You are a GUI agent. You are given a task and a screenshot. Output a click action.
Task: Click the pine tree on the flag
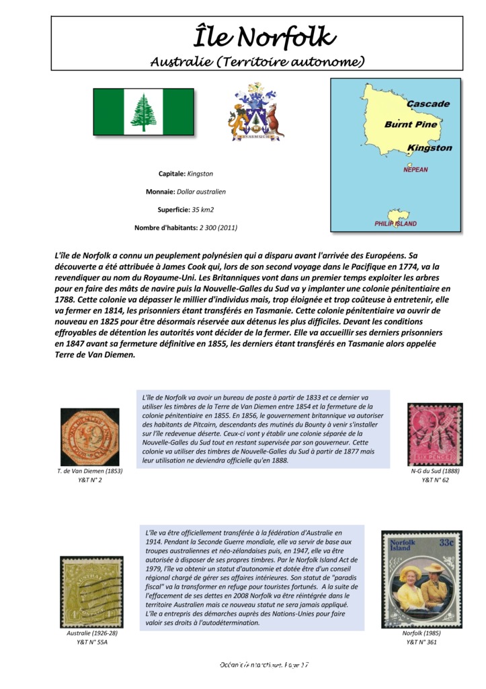[x=143, y=112]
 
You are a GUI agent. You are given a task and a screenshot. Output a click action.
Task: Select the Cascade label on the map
[x=428, y=104]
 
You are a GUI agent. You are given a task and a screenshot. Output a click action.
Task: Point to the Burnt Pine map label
[x=411, y=124]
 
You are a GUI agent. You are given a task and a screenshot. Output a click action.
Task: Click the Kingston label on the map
[x=430, y=148]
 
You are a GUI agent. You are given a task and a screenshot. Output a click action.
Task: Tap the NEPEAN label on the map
[x=415, y=170]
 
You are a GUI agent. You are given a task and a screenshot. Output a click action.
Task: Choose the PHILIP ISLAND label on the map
[x=395, y=223]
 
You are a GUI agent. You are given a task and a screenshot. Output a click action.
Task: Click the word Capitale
[x=171, y=174]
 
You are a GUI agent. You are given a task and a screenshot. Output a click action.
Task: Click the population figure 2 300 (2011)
[x=218, y=227]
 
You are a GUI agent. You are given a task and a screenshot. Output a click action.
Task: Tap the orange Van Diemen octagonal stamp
[x=89, y=437]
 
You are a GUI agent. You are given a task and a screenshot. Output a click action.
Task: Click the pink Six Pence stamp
[x=434, y=435]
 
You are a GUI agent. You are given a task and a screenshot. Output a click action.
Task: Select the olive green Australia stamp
[x=91, y=592]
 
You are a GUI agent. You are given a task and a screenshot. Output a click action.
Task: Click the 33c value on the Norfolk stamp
[x=446, y=542]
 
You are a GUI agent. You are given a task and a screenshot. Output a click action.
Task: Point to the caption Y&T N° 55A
[x=92, y=643]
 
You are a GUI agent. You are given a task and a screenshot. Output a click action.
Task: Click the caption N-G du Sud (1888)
[x=435, y=471]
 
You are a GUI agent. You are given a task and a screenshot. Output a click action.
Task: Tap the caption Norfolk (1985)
[x=421, y=633]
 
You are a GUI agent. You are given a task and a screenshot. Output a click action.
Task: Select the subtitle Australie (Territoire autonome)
[x=257, y=62]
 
